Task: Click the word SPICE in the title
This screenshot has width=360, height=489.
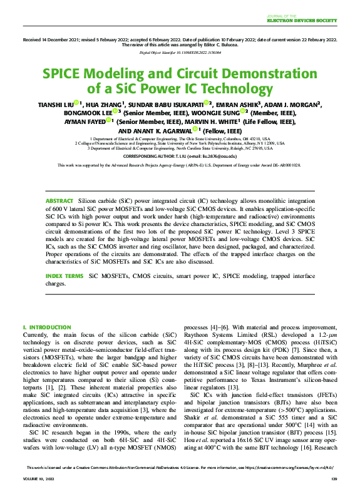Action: point(65,73)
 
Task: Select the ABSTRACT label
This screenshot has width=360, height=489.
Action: point(61,200)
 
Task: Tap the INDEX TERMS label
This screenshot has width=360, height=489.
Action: point(64,275)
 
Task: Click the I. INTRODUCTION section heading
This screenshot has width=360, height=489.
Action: point(46,327)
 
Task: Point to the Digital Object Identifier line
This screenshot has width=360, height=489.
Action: point(180,54)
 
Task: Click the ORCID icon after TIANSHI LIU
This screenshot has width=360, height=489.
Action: point(76,103)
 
